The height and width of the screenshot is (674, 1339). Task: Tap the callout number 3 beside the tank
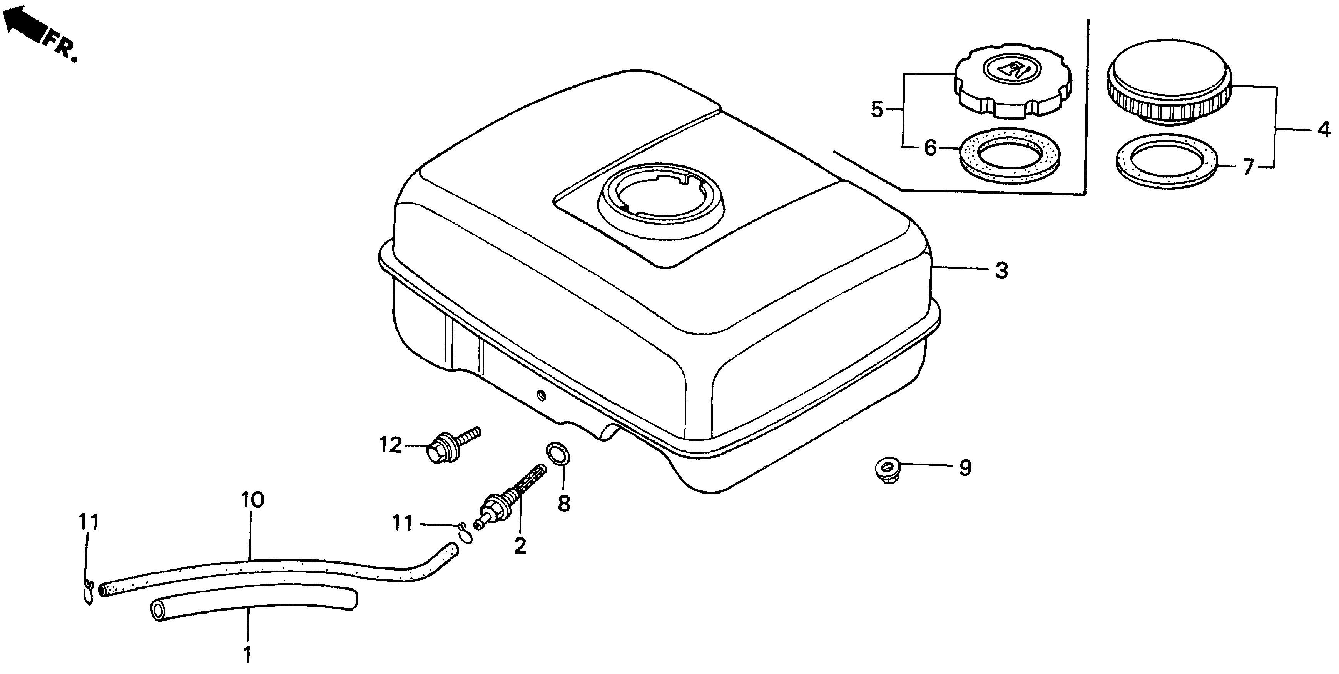(x=1001, y=271)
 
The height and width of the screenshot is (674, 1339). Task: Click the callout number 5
(x=877, y=110)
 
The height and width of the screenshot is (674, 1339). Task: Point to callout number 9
(x=965, y=468)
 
